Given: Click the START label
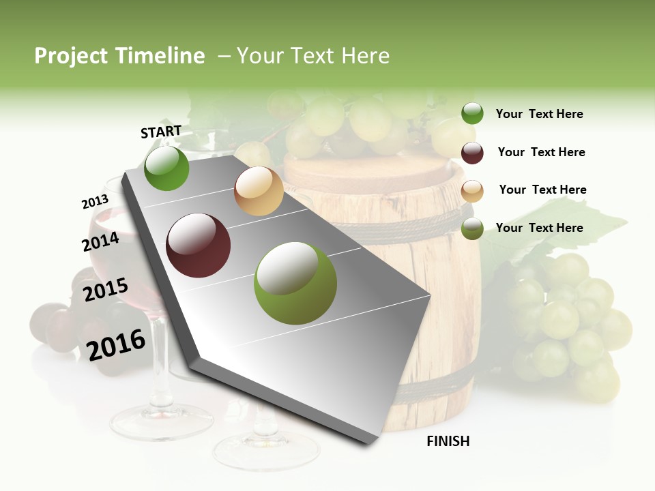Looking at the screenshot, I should (x=161, y=132).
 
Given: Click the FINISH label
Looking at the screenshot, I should (x=448, y=441).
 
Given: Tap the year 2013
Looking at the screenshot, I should (x=95, y=201).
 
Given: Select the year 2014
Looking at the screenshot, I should (x=100, y=241).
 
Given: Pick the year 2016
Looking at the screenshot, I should (x=116, y=344).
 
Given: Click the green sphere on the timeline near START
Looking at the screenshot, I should (x=166, y=168).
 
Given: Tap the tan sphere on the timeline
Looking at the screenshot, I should (x=259, y=191).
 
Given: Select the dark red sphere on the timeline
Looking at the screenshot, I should (x=199, y=245).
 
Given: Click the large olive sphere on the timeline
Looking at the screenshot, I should (x=295, y=283).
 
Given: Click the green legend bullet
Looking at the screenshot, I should (x=472, y=114).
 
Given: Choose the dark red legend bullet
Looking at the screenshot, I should (x=472, y=153).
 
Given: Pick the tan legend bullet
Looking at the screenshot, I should (x=472, y=191).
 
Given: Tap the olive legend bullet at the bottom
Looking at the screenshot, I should (x=472, y=229).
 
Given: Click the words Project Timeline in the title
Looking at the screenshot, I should (x=119, y=56).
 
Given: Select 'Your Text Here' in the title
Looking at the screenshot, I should (x=313, y=56).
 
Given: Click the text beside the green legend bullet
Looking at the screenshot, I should (x=539, y=114).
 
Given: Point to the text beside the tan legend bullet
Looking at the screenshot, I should (x=542, y=190).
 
